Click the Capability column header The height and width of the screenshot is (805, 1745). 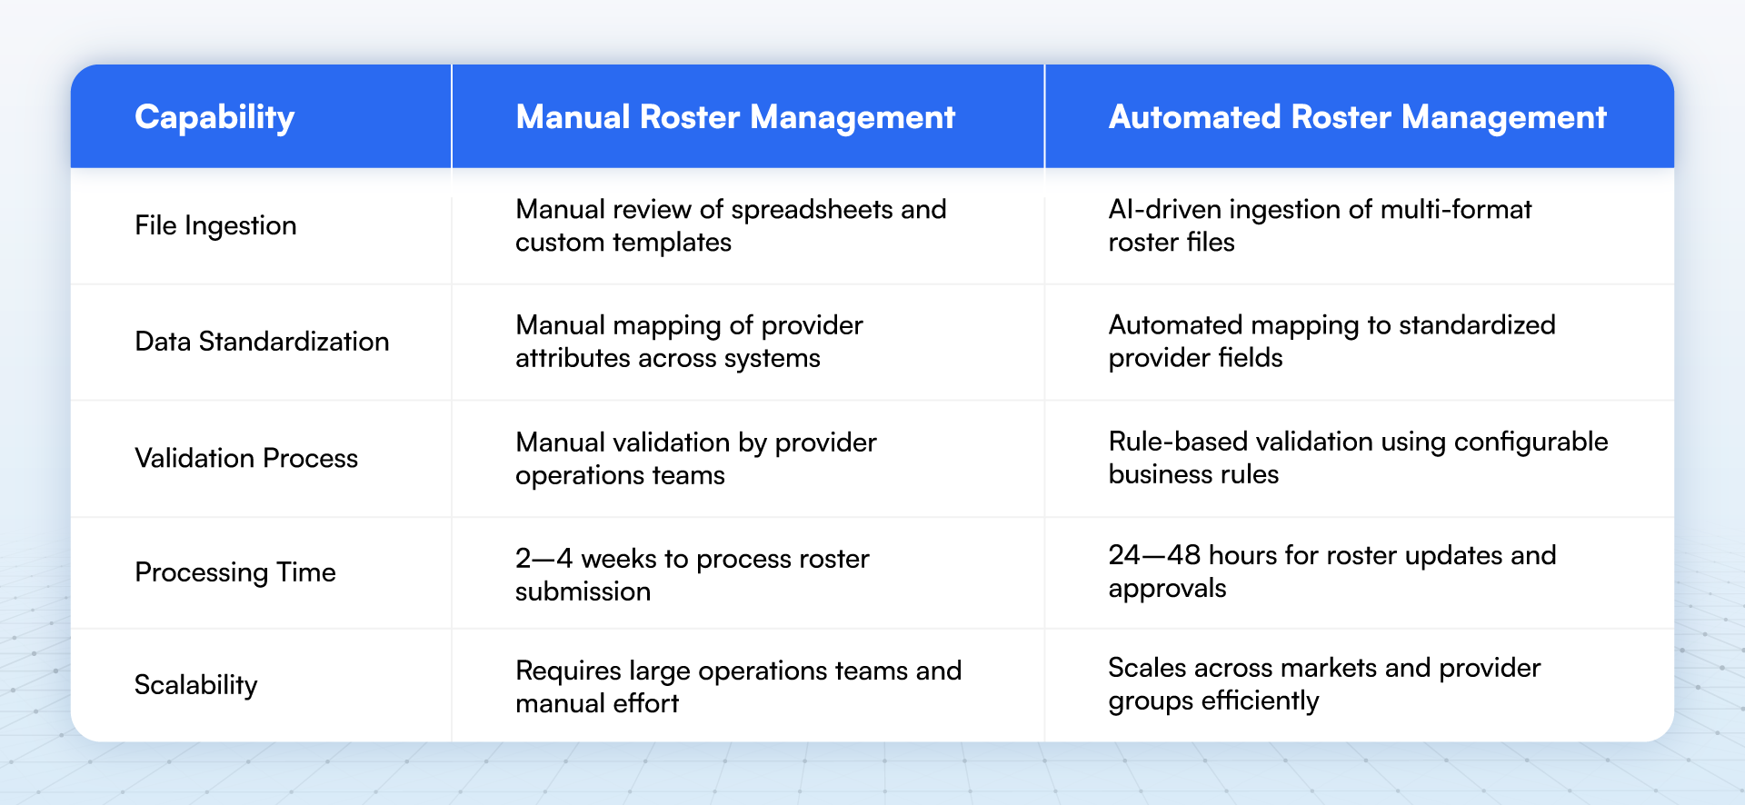(214, 117)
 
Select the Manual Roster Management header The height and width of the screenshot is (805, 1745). (735, 117)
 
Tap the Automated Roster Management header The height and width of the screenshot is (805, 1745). (1357, 117)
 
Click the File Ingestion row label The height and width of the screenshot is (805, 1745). (215, 225)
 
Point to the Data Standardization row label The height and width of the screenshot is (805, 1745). (262, 342)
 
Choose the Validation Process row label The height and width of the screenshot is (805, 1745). (246, 458)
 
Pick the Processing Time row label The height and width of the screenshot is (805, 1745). (235, 572)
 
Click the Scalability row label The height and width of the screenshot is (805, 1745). (196, 685)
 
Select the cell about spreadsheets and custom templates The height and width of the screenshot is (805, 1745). (731, 225)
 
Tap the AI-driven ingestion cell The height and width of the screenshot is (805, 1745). (1320, 225)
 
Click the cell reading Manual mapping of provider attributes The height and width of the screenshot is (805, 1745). (689, 342)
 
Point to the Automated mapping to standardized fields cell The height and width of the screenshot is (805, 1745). (1331, 342)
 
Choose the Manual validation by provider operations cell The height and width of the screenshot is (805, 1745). (695, 458)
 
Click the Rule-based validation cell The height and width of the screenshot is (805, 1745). (1358, 458)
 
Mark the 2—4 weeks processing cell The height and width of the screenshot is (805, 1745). (692, 574)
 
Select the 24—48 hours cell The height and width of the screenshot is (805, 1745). (1331, 571)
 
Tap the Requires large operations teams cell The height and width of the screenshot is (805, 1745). (738, 687)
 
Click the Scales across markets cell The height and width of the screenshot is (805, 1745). (1324, 684)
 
